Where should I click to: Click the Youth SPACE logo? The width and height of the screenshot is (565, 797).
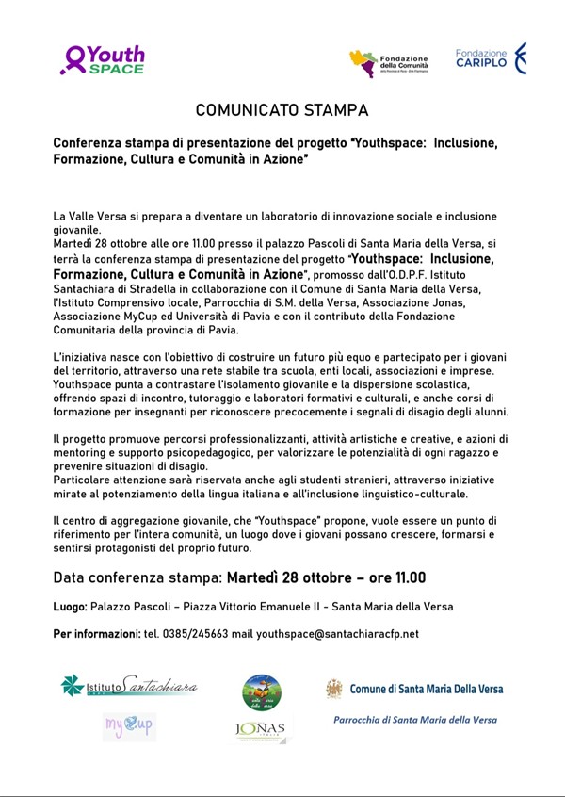pyautogui.click(x=103, y=60)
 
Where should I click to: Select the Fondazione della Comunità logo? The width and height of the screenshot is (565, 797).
pyautogui.click(x=388, y=63)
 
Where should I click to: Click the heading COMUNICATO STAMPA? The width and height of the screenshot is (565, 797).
pyautogui.click(x=282, y=110)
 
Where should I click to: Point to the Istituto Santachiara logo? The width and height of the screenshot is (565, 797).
pyautogui.click(x=128, y=685)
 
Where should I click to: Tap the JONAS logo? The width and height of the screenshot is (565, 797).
pyautogui.click(x=263, y=729)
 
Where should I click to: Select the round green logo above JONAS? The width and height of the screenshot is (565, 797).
pyautogui.click(x=262, y=692)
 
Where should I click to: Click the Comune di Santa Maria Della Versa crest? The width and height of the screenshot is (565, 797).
pyautogui.click(x=334, y=689)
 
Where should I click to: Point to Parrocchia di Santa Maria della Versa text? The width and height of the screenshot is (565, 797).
pyautogui.click(x=414, y=720)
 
